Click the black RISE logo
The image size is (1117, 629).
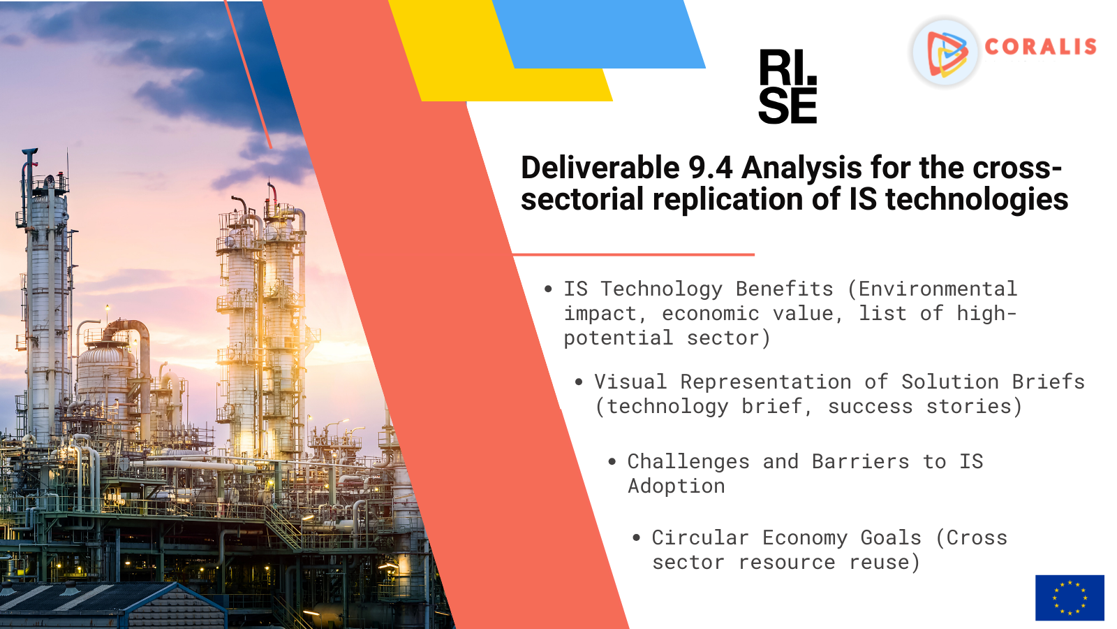[x=788, y=87]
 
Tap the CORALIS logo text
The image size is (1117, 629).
[x=1041, y=47]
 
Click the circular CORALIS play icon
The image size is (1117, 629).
[x=945, y=52]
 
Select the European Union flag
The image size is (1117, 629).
[x=1070, y=598]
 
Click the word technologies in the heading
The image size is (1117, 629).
[x=977, y=199]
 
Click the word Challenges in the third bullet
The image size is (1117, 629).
[x=688, y=462]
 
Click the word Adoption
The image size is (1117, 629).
[x=676, y=486]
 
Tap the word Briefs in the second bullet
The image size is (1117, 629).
[x=1048, y=382]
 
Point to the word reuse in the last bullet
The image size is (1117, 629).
[x=880, y=563]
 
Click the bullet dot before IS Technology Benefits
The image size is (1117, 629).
[x=548, y=289]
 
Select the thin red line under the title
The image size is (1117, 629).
[x=633, y=254]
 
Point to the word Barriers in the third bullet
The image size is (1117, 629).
[x=860, y=462]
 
